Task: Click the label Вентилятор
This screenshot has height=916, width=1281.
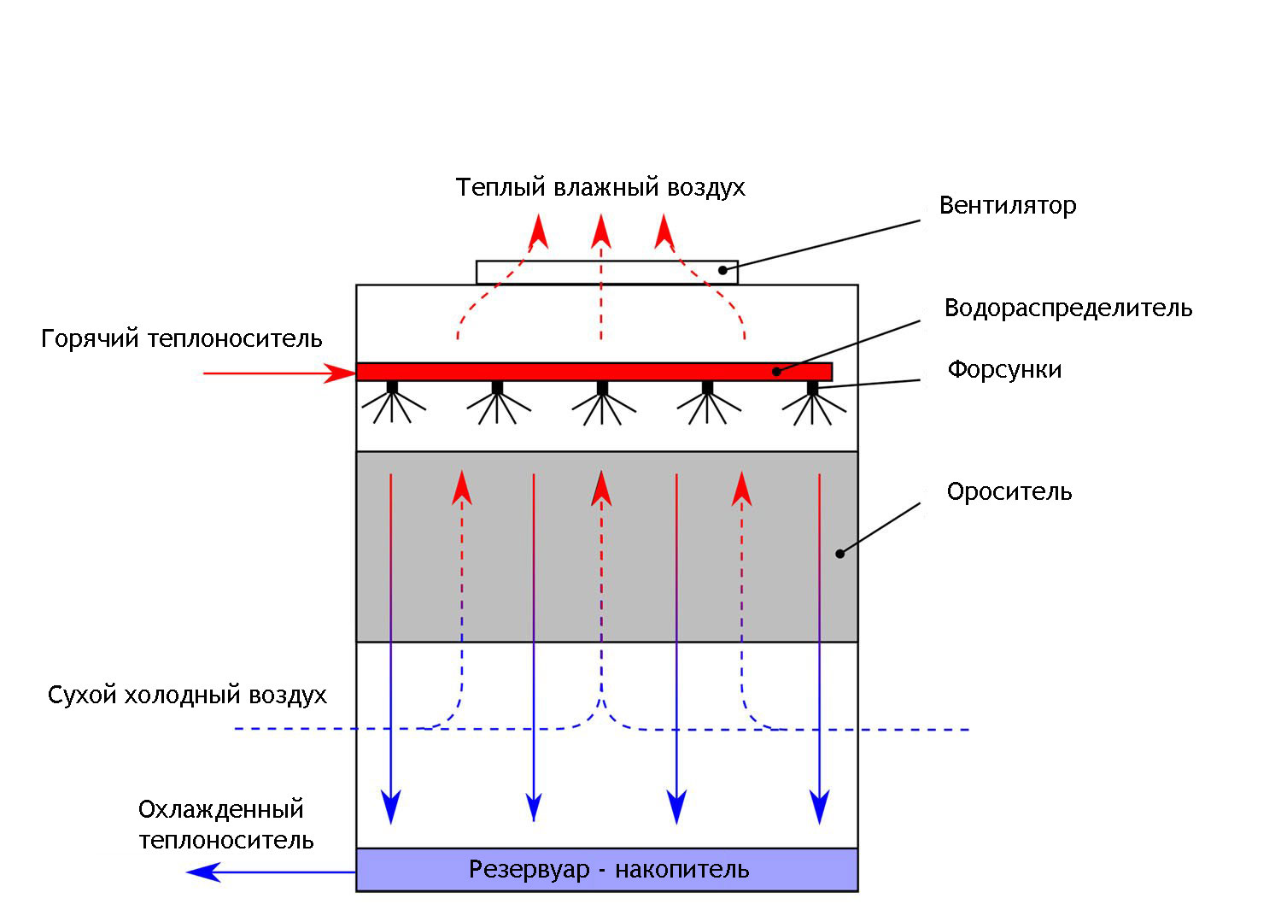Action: [x=1007, y=206]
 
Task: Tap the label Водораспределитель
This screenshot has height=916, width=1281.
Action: [x=1067, y=308]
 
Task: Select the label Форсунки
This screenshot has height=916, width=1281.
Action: [x=1004, y=370]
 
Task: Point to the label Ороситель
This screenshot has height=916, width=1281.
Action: [x=1009, y=492]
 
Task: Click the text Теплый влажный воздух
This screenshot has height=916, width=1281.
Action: [x=600, y=188]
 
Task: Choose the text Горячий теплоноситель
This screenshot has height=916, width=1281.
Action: [x=182, y=339]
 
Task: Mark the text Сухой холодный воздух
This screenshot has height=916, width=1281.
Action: [x=187, y=695]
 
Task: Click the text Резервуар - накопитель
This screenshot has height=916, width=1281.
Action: [x=609, y=870]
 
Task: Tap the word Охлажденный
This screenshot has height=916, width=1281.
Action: [x=221, y=809]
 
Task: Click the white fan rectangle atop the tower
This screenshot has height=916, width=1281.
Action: [x=606, y=272]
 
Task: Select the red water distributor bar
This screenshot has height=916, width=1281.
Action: [x=594, y=372]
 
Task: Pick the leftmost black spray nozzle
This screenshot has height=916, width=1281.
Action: [x=392, y=387]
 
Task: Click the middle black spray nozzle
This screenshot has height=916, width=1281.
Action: [x=602, y=387]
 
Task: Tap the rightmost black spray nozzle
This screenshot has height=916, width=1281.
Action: [x=812, y=387]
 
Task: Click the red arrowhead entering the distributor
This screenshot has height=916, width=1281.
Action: [x=341, y=373]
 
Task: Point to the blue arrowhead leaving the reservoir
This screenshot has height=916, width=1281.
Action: [x=202, y=872]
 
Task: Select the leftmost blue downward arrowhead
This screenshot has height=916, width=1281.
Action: [x=391, y=807]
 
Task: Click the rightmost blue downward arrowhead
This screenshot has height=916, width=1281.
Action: [x=820, y=807]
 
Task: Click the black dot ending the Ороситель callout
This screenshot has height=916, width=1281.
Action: [x=839, y=554]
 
